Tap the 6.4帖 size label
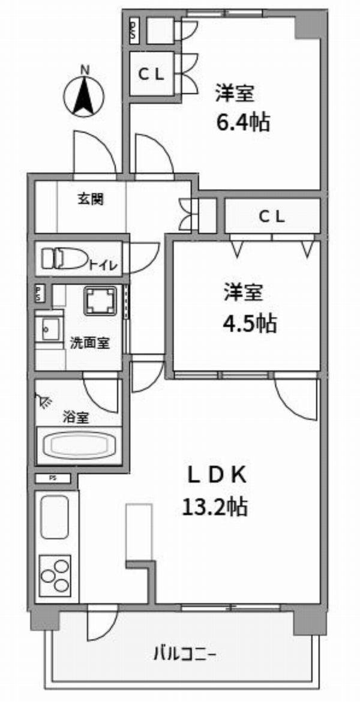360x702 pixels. pos(244,122)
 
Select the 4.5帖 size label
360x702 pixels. pos(250,323)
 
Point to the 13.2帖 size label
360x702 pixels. pos(214,507)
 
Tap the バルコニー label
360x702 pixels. pos(185,655)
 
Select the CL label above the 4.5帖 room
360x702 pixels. pos(272,217)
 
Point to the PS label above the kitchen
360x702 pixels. pos(53,478)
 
